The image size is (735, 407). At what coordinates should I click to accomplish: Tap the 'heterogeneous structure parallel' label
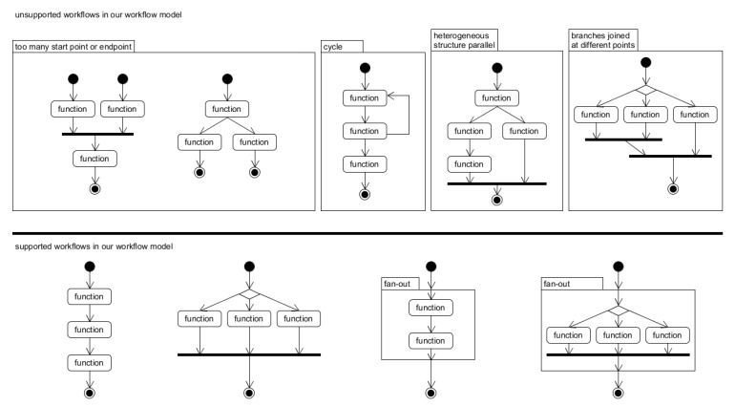(465, 40)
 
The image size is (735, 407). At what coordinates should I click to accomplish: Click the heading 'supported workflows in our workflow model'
(94, 247)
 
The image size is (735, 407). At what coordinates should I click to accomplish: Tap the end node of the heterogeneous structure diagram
(495, 200)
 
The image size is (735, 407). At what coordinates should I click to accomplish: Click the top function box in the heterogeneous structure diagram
(495, 97)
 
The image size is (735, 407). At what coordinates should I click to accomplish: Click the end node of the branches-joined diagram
(672, 188)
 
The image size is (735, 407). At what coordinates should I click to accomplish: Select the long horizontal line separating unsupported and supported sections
(367, 232)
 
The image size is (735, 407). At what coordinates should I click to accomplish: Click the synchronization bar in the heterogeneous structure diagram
(495, 182)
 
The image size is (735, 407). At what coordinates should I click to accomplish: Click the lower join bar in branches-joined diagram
(670, 155)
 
